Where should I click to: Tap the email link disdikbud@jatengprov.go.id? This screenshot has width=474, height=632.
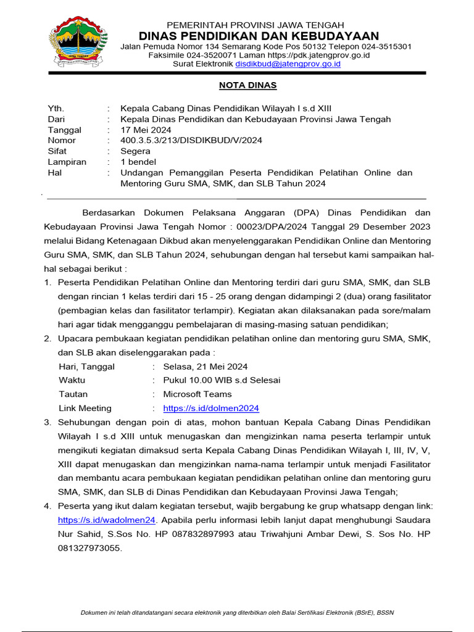pos(288,64)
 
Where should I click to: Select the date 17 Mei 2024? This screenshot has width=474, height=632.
pos(146,130)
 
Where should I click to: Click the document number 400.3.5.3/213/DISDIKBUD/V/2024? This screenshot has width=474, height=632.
pos(191,140)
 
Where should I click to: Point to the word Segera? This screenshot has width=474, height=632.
pos(135,151)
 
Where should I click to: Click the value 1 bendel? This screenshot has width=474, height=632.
pos(139,162)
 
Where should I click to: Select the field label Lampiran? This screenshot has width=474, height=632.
pos(67,162)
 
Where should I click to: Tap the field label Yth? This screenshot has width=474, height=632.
pos(56,108)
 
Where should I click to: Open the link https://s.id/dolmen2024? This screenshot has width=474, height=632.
pos(211,408)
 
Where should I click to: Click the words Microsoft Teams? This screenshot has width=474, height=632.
pos(197,394)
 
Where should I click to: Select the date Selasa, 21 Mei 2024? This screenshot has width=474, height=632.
pos(205,366)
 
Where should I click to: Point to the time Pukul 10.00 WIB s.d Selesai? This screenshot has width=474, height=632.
pos(222,380)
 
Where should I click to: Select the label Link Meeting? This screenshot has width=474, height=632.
pos(85,408)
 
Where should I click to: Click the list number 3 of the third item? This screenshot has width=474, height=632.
pos(48,422)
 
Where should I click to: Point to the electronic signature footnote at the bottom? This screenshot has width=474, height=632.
pos(237,612)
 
